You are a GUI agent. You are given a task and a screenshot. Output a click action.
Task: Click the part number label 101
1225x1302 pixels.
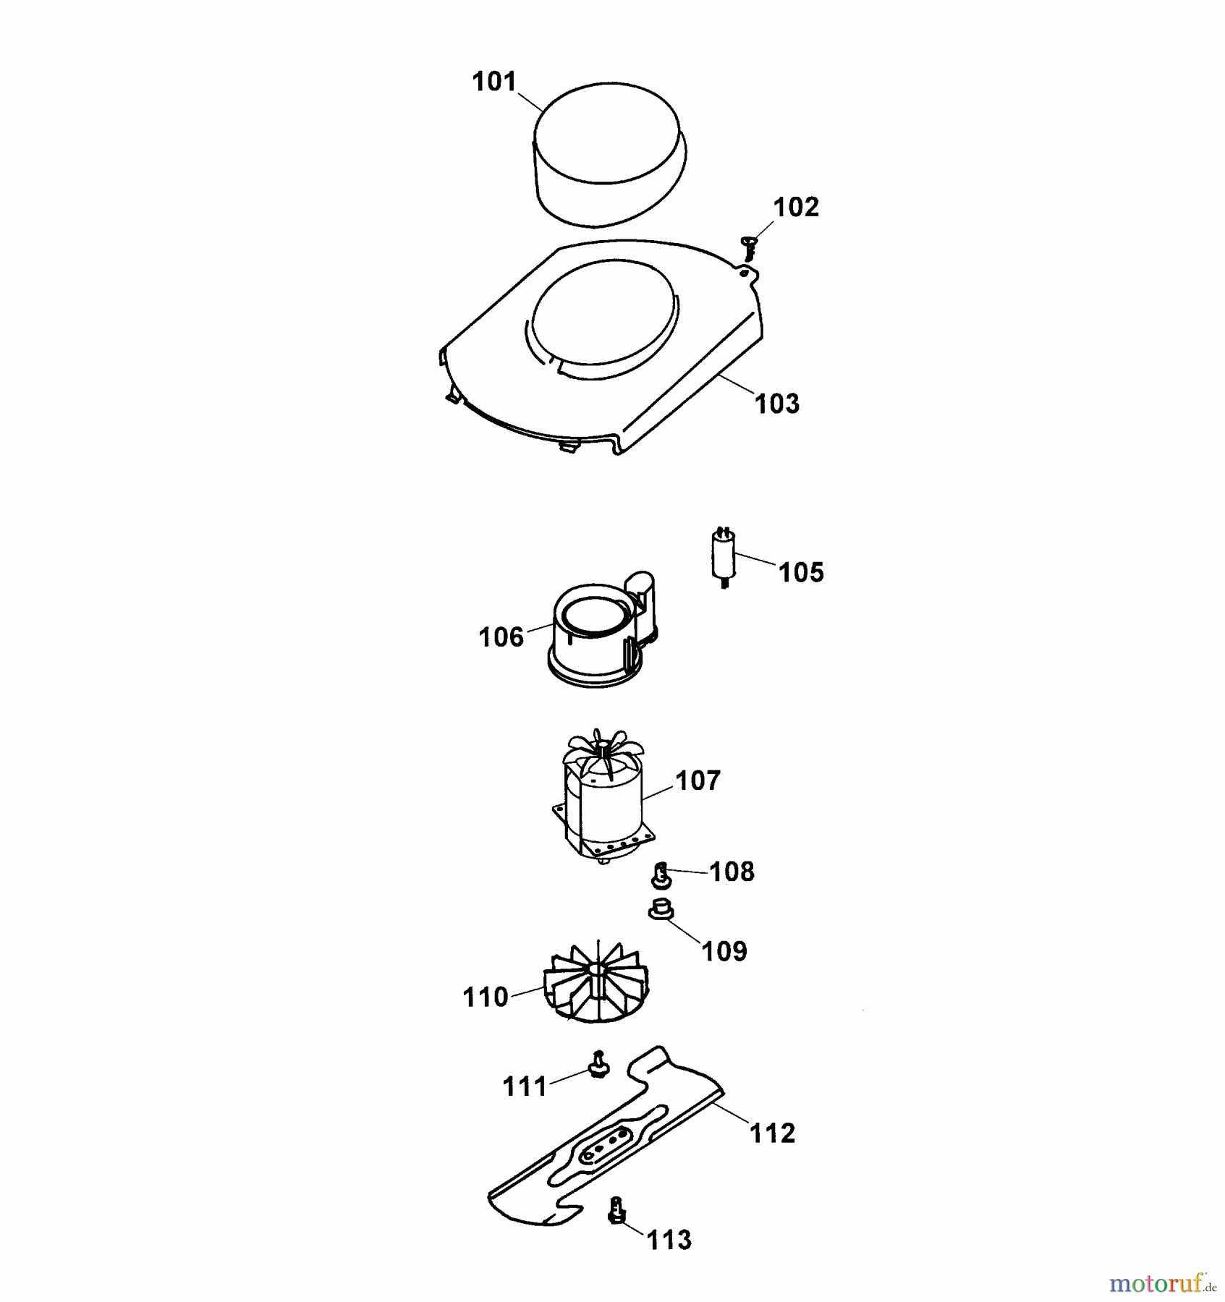[494, 82]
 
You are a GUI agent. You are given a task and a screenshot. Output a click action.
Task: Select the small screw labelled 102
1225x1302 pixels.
[748, 248]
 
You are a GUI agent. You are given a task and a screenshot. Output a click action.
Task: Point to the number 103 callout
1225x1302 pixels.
[777, 404]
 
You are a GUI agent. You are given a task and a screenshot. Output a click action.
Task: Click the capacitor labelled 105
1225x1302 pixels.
[724, 557]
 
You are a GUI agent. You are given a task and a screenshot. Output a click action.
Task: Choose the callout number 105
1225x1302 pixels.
[801, 572]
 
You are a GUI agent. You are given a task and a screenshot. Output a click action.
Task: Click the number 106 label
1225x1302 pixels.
[501, 637]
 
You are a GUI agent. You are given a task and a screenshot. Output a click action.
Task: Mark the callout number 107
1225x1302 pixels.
[698, 780]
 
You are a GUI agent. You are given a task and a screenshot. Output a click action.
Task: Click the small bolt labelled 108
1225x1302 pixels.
[661, 876]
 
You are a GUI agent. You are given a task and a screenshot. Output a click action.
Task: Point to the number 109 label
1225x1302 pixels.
[724, 950]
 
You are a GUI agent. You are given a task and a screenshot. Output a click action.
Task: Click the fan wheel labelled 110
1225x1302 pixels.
[597, 982]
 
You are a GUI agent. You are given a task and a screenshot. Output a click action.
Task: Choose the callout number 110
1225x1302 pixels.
[486, 997]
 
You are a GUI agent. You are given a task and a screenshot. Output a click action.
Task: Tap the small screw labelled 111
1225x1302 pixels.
[598, 1064]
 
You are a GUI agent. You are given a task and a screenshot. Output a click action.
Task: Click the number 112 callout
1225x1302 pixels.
[772, 1133]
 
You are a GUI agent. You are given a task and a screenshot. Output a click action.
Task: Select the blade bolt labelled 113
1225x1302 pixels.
[616, 1211]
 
